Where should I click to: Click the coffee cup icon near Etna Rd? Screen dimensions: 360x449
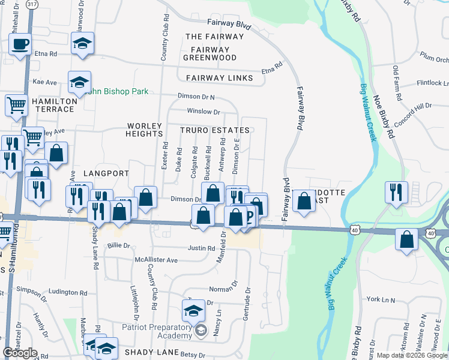[x=20, y=44]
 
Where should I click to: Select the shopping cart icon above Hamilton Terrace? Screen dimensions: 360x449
[x=16, y=105]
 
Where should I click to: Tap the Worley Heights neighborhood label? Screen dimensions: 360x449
[x=145, y=130]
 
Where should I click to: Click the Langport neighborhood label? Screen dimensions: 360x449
[x=106, y=173]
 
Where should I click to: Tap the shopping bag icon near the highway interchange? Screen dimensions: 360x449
[x=407, y=239]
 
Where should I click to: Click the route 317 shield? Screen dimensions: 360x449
[x=32, y=4]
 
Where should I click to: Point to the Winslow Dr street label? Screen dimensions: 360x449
[x=203, y=112]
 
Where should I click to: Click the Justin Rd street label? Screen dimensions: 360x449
[x=201, y=248]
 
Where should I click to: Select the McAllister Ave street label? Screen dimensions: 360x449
[x=156, y=260]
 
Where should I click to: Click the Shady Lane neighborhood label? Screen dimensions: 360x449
[x=149, y=353]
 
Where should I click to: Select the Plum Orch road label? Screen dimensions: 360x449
[x=434, y=59]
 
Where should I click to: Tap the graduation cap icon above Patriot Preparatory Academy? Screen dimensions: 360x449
[x=193, y=310]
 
